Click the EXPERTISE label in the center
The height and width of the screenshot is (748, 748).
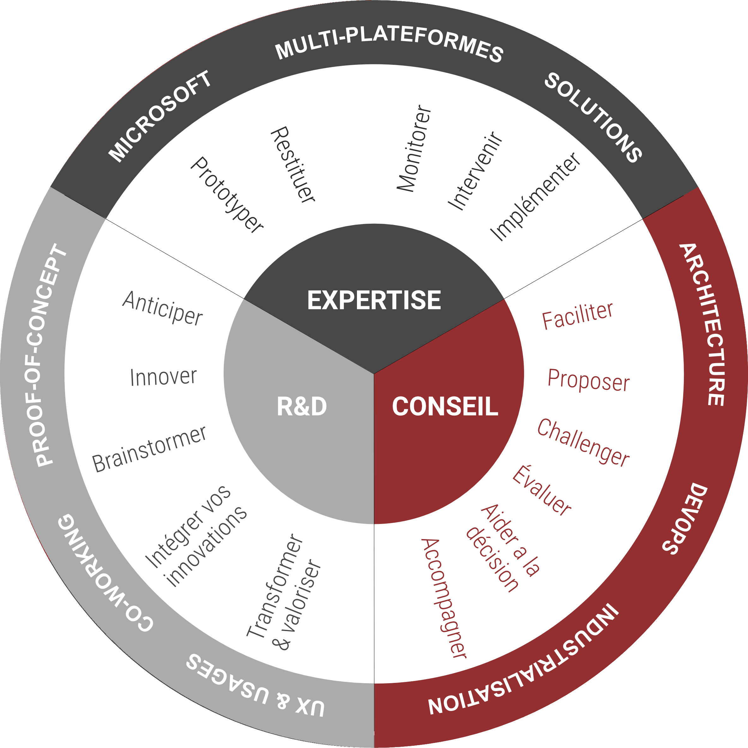[x=374, y=300]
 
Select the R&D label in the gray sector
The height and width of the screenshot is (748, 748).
[x=302, y=406]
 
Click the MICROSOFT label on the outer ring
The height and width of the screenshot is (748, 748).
[x=160, y=116]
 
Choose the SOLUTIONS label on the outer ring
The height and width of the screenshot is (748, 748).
[x=593, y=117]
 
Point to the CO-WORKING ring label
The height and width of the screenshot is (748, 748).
[x=105, y=573]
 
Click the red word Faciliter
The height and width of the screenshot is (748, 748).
[x=577, y=316]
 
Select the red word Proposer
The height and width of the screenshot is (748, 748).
[x=588, y=380]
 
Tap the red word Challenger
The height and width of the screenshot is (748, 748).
[x=583, y=442]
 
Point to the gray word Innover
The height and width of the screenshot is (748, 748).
[x=163, y=377]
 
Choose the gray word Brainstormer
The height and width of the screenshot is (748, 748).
[x=149, y=449]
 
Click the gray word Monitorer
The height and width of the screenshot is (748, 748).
[x=414, y=149]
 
